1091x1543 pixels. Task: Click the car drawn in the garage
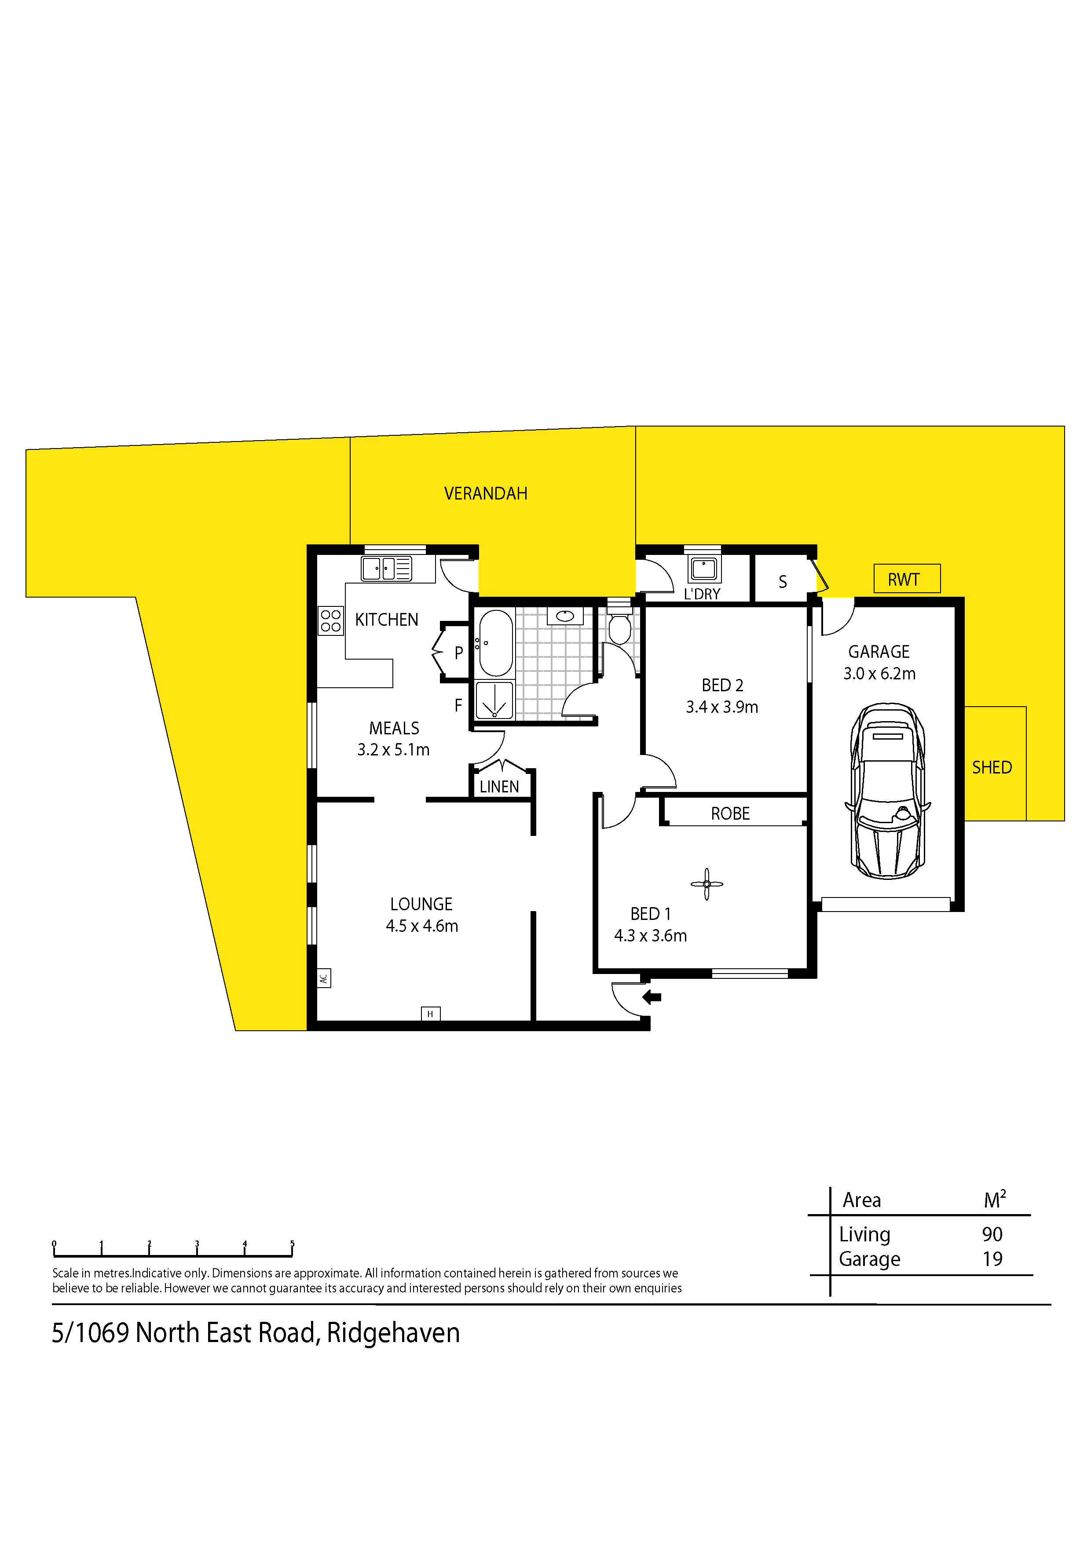pyautogui.click(x=887, y=791)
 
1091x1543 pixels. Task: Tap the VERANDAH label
pyautogui.click(x=485, y=494)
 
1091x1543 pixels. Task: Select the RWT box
pyautogui.click(x=907, y=579)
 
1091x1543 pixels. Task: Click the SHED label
pyautogui.click(x=992, y=767)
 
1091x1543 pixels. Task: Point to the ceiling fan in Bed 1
pyautogui.click(x=707, y=884)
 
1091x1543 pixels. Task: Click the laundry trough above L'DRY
pyautogui.click(x=704, y=569)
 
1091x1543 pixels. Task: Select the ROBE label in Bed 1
pyautogui.click(x=730, y=814)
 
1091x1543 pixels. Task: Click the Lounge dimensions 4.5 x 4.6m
pyautogui.click(x=421, y=926)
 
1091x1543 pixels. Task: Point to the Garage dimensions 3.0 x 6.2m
pyautogui.click(x=879, y=673)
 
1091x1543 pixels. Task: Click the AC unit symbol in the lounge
pyautogui.click(x=323, y=978)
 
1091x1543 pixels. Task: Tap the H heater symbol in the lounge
pyautogui.click(x=430, y=1014)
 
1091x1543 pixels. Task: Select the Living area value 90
pyautogui.click(x=992, y=1235)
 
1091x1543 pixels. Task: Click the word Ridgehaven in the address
pyautogui.click(x=393, y=1333)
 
